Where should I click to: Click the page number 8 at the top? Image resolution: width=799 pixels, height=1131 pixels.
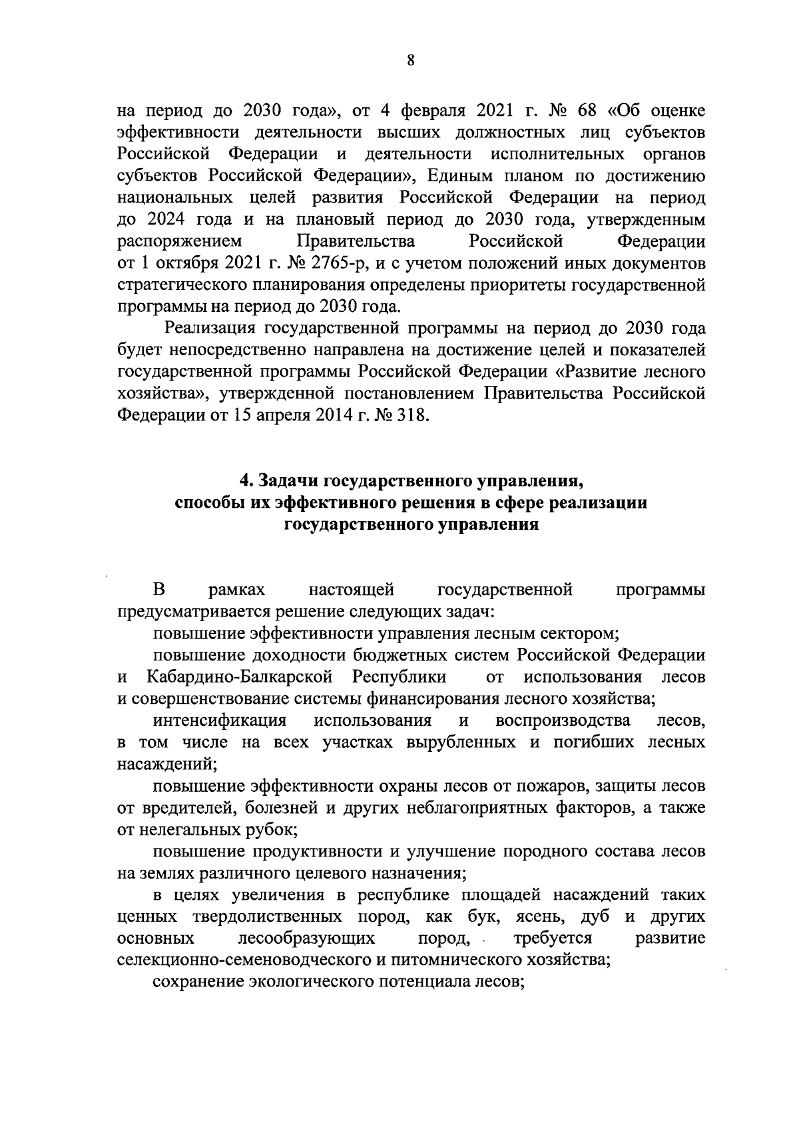coord(410,60)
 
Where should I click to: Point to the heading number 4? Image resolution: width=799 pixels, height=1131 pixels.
coord(244,481)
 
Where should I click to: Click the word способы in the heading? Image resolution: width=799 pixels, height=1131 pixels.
coord(203,503)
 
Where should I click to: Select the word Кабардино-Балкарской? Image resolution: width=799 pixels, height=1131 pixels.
coord(240,677)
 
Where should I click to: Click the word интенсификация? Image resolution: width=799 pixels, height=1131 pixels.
coord(220,720)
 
